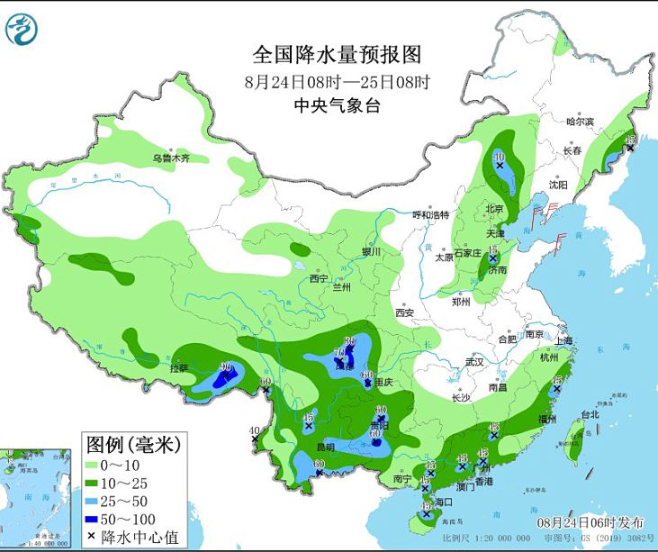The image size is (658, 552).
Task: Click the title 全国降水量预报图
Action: [x=337, y=55]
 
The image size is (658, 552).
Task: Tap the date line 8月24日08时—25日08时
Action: [x=338, y=81]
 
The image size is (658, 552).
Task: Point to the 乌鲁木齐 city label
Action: [x=171, y=158]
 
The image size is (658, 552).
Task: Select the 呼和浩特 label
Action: [x=429, y=215]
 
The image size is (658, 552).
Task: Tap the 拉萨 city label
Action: [x=178, y=368]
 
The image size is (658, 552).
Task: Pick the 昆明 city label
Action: [x=324, y=448]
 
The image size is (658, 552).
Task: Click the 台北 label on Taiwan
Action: [x=589, y=415]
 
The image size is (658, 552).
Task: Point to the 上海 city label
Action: [x=564, y=341]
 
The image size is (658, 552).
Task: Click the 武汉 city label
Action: [x=474, y=362]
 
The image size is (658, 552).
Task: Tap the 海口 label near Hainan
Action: [x=443, y=501]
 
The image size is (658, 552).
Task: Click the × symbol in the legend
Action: [x=94, y=536]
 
